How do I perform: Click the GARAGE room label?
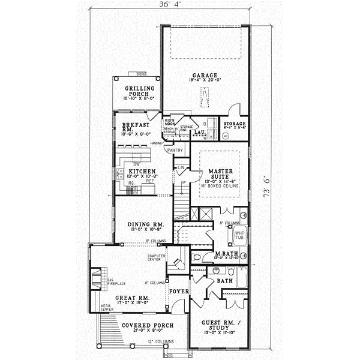[x=206, y=75]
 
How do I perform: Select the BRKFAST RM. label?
[x=130, y=126]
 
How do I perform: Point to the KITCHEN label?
[x=142, y=171]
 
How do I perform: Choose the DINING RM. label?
[x=142, y=226]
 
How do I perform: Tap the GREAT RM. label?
[x=133, y=298]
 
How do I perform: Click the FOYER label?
[x=179, y=292]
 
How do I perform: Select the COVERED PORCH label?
[x=148, y=325]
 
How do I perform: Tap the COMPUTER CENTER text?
[x=157, y=258]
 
